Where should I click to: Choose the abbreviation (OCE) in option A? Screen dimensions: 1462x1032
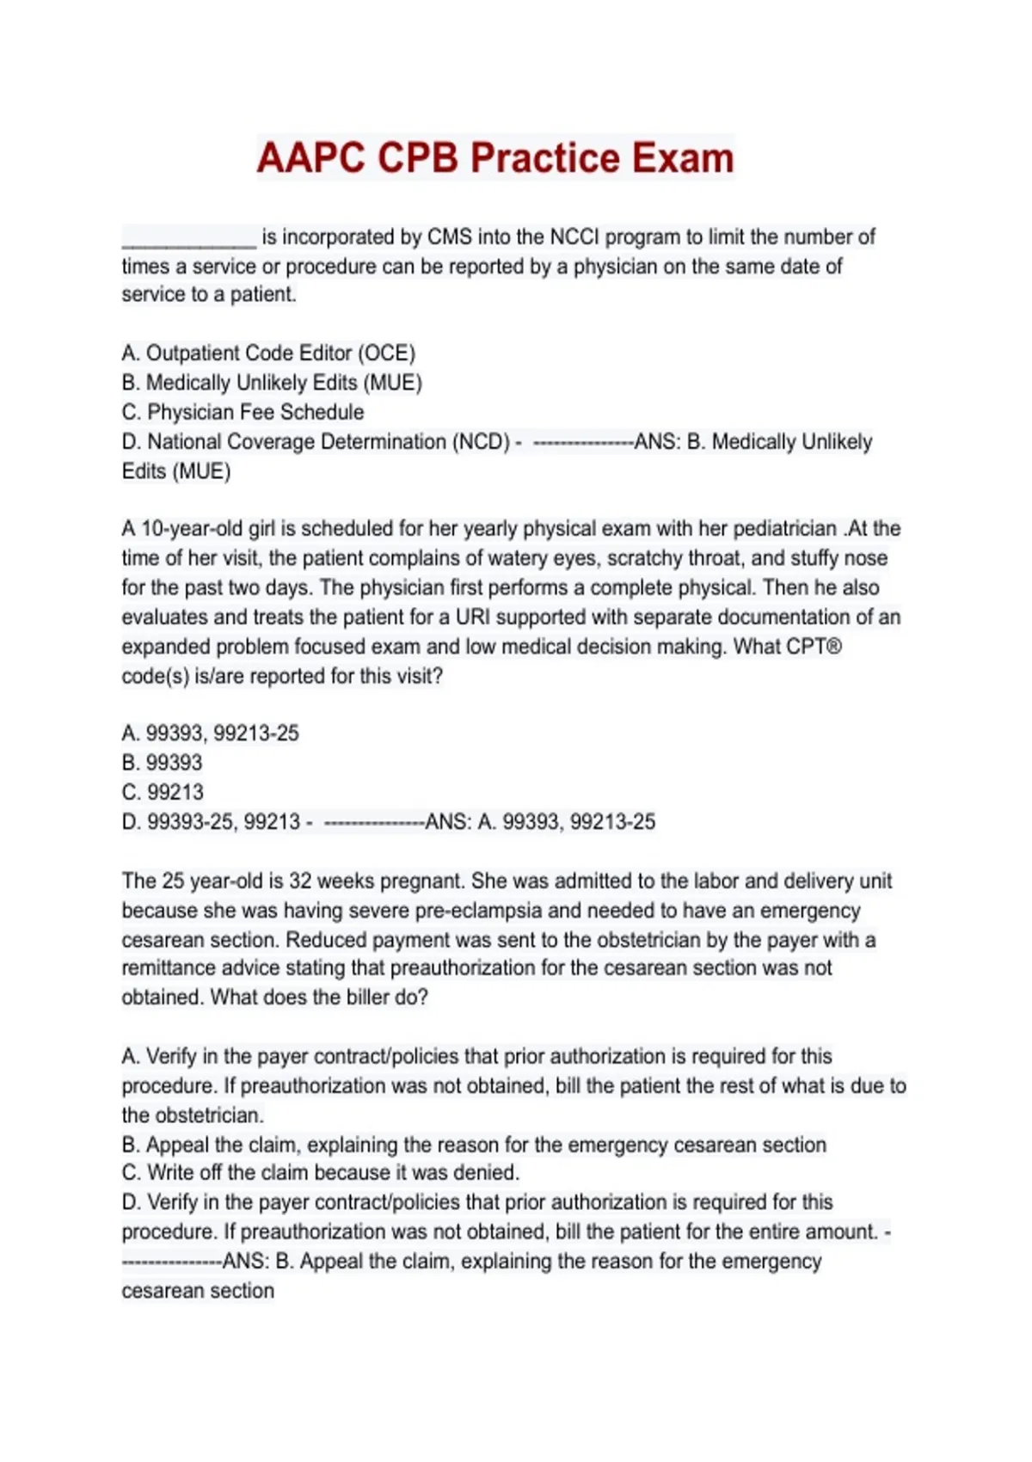point(387,353)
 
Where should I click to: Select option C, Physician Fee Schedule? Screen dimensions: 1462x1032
point(243,412)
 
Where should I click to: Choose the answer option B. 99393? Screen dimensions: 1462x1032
point(163,763)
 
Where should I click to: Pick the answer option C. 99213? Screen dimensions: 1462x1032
point(163,792)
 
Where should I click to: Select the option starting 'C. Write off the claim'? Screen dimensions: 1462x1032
point(321,1173)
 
